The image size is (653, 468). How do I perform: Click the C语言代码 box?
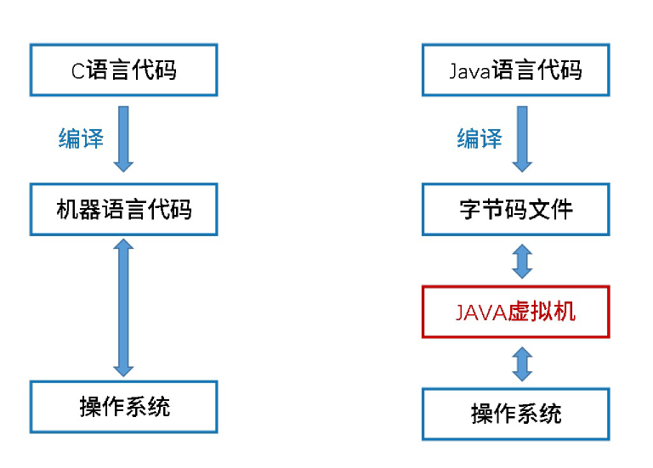pos(124,70)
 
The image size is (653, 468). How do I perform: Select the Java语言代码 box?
pos(515,70)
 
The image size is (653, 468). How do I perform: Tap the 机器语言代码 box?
pos(124,209)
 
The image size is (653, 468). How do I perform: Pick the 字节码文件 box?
pos(515,209)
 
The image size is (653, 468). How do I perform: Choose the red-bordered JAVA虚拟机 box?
pos(515,312)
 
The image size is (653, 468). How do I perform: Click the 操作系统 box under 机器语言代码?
pos(124,407)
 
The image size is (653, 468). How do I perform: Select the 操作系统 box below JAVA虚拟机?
pos(515,414)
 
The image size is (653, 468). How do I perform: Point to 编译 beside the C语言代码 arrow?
pos(81,138)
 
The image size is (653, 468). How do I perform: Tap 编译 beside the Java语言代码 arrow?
pos(480,138)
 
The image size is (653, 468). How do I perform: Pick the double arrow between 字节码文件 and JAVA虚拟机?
pos(522,261)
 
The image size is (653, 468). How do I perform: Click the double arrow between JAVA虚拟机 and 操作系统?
pos(522,363)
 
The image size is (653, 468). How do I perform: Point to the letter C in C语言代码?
pos(77,70)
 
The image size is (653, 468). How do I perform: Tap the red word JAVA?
pos(481,312)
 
